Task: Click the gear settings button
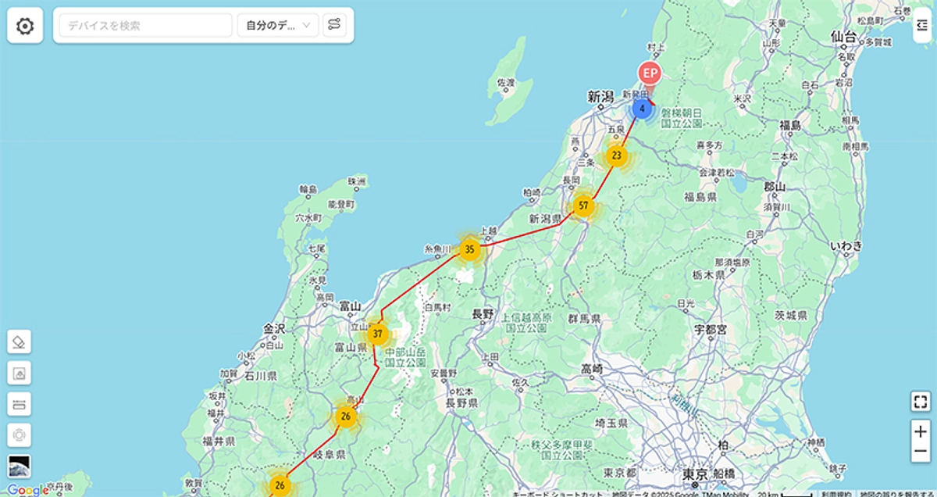25,26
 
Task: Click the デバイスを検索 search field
145,26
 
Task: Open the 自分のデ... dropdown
277,26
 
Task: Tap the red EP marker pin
650,74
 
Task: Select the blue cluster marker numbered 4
642,109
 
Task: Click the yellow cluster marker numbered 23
617,156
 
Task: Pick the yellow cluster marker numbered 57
583,206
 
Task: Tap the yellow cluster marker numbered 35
469,250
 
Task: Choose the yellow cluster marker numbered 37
378,334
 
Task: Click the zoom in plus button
921,431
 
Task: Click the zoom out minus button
921,452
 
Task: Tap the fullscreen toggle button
921,402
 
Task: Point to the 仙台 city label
843,37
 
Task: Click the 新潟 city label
600,97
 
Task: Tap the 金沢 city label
275,329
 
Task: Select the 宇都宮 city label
711,330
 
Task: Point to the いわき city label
846,246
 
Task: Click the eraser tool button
20,341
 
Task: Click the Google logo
27,490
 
